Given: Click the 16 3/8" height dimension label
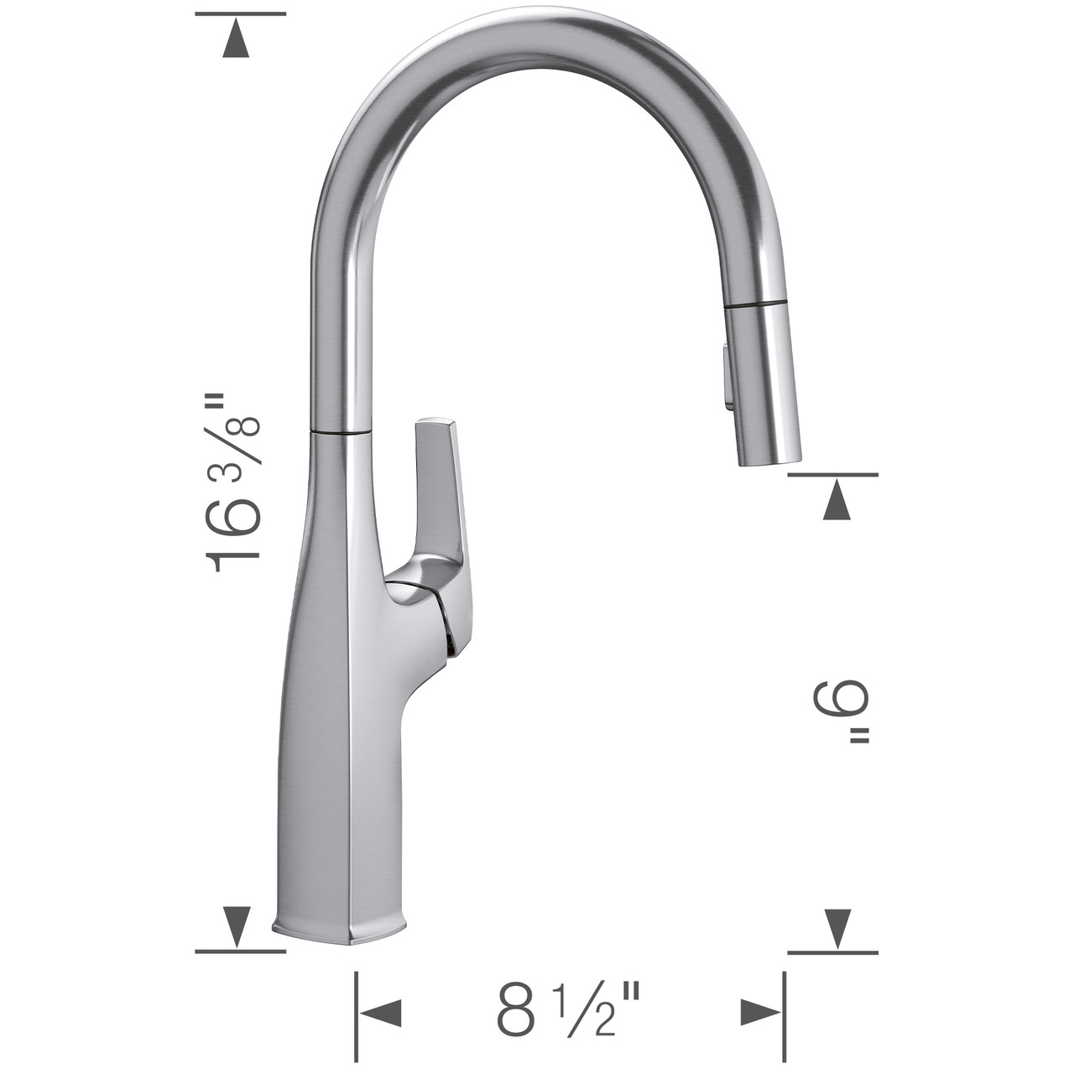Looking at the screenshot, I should click(231, 482).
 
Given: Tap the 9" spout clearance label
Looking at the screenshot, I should click(842, 712).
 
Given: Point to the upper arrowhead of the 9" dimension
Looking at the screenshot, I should click(833, 503).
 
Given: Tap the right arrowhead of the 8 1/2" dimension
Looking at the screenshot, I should click(761, 1013).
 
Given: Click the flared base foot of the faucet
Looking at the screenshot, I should click(340, 931).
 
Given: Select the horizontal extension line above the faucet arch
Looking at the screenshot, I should click(240, 14).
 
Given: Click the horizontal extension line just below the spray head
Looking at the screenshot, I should click(833, 475).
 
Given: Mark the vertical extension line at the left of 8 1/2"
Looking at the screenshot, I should click(357, 1013).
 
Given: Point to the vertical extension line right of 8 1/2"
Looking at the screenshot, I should click(785, 1013).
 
